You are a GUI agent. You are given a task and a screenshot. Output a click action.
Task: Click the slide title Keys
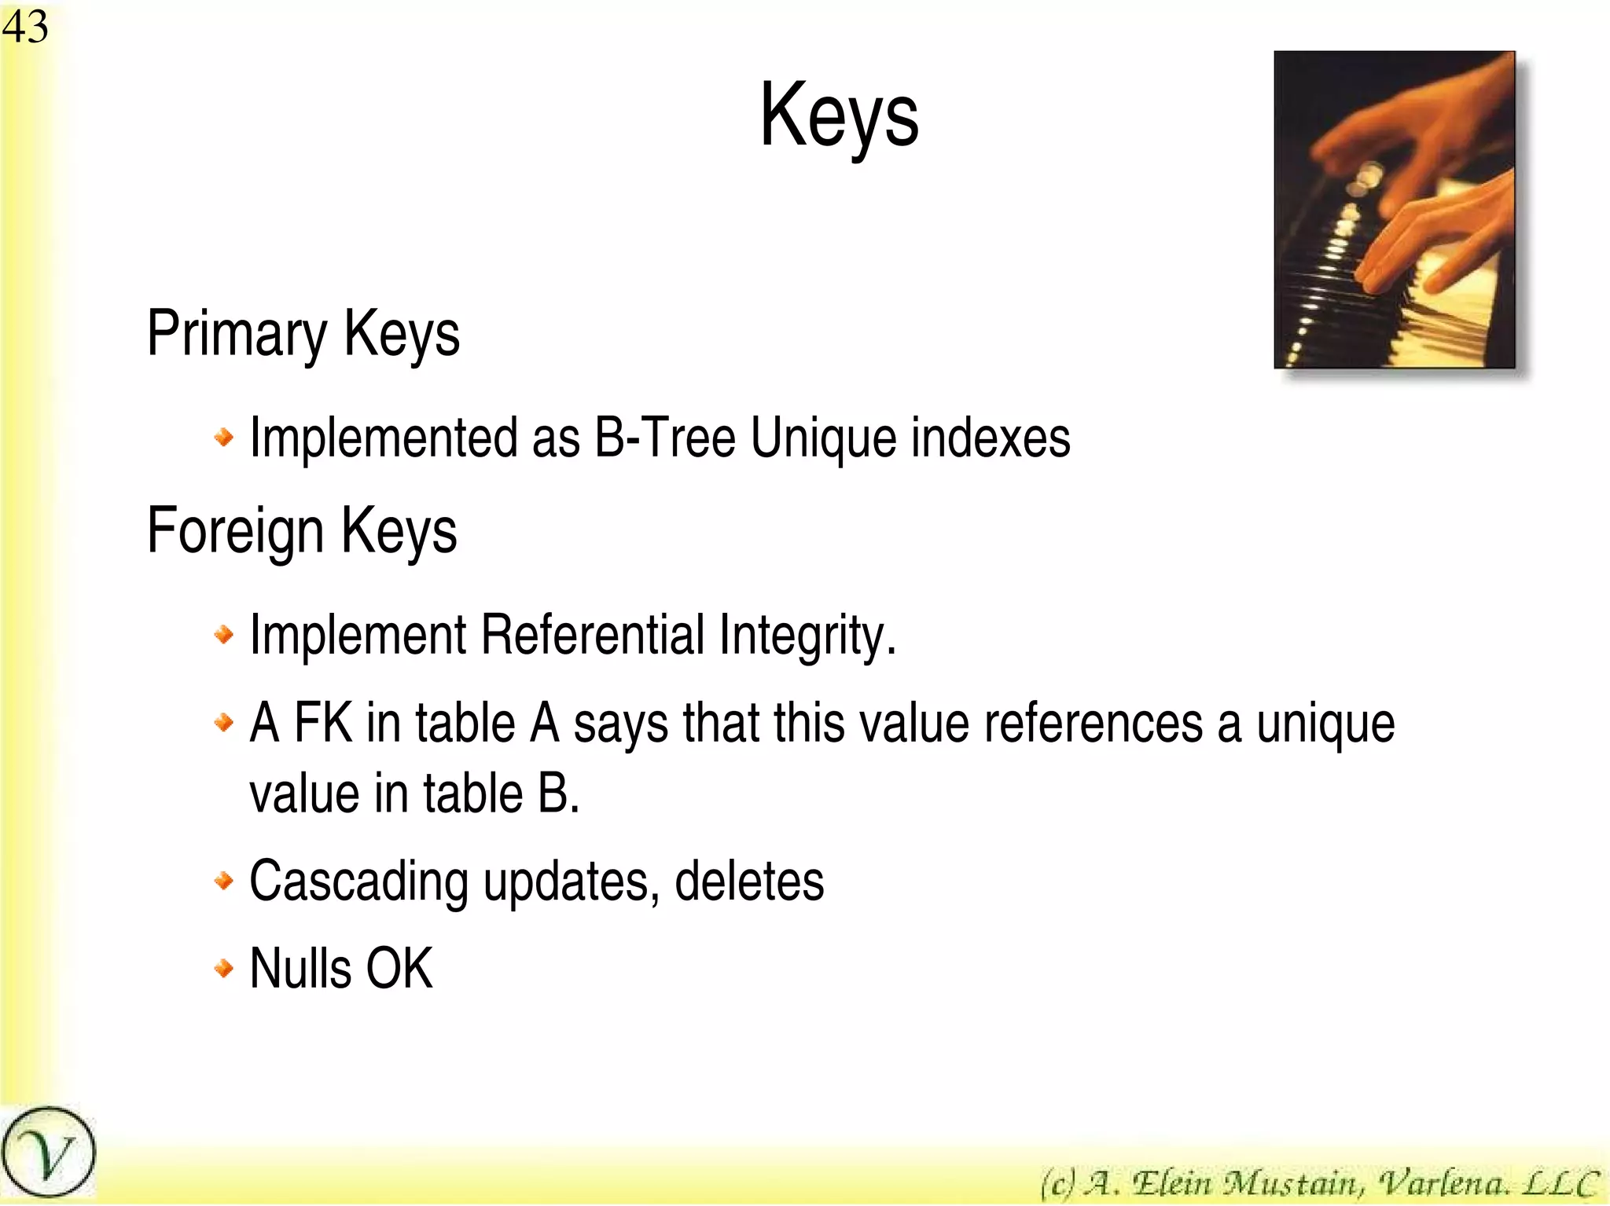[839, 116]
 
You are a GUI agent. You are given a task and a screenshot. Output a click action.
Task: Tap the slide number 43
[25, 27]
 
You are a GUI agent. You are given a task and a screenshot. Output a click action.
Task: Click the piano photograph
[1394, 210]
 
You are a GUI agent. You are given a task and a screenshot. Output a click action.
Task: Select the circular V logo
[48, 1153]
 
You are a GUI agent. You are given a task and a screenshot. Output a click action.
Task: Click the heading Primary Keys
[303, 334]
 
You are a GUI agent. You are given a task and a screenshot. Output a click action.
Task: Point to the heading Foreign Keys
[301, 531]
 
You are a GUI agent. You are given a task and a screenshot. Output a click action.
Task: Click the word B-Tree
[665, 438]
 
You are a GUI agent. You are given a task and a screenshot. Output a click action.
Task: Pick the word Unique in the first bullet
[823, 438]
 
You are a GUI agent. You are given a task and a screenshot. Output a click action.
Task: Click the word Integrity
[807, 636]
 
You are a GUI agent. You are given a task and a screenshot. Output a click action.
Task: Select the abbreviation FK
[322, 723]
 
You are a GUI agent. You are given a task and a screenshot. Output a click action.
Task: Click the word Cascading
[358, 882]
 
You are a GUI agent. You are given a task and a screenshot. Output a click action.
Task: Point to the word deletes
[749, 882]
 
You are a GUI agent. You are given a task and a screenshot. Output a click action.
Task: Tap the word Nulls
[300, 969]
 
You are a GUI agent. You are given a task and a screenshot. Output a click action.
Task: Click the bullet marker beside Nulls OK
[224, 968]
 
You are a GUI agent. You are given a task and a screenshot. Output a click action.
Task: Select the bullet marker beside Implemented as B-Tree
[224, 437]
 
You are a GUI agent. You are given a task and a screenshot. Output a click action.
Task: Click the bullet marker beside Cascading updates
[224, 881]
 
